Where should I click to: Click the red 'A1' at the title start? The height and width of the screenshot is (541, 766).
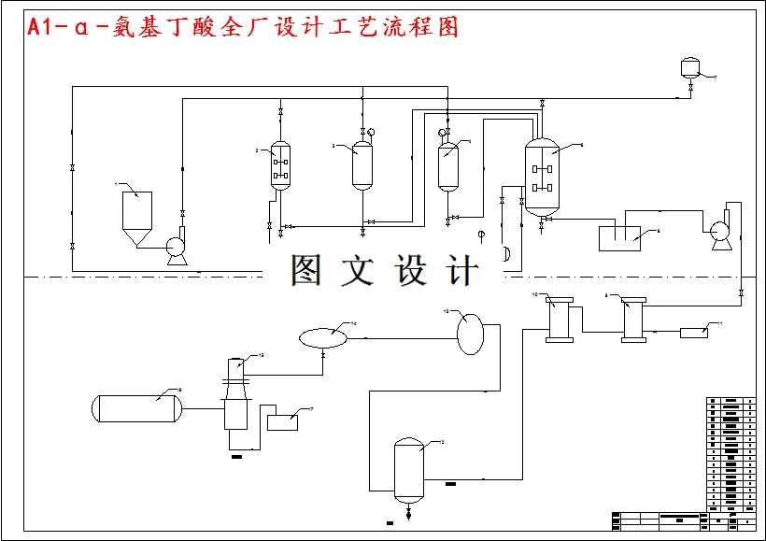click(x=39, y=28)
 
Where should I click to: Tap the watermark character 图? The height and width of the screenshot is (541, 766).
click(x=307, y=271)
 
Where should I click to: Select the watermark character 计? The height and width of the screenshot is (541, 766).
click(x=461, y=271)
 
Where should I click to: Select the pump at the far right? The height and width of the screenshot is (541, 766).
click(x=719, y=232)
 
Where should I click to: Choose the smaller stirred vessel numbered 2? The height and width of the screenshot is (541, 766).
click(x=280, y=167)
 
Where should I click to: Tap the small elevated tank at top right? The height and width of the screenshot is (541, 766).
click(x=690, y=66)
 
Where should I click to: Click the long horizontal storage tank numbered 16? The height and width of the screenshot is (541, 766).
click(x=136, y=407)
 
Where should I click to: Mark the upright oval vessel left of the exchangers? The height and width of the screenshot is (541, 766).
click(x=471, y=333)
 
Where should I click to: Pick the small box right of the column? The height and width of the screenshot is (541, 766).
click(x=282, y=421)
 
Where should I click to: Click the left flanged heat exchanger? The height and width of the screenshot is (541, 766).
click(x=560, y=319)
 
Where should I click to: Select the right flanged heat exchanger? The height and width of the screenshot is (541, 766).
click(x=635, y=319)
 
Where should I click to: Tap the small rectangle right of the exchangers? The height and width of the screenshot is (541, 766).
click(x=693, y=332)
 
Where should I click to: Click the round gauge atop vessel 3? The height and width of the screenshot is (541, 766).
click(x=372, y=133)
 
